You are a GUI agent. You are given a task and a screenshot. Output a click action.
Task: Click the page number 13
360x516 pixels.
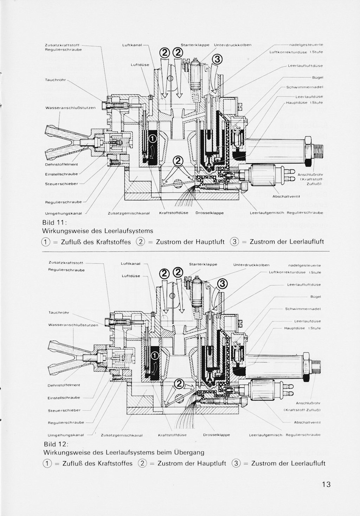click(x=326, y=484)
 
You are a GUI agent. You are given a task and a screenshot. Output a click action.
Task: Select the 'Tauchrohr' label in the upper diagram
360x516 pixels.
click(x=56, y=80)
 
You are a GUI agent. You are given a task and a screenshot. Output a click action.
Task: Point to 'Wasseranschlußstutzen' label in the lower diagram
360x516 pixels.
click(x=73, y=325)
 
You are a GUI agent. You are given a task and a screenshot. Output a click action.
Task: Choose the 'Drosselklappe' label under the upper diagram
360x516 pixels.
click(x=209, y=213)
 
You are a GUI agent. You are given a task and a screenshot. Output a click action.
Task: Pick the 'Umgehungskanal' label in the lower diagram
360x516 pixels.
click(x=66, y=435)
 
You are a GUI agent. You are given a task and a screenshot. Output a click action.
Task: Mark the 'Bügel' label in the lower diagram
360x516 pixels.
click(x=315, y=297)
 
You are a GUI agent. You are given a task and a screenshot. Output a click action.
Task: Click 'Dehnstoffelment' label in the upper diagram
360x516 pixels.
click(x=62, y=165)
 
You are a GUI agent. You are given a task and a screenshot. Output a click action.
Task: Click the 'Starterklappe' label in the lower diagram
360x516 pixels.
click(x=203, y=264)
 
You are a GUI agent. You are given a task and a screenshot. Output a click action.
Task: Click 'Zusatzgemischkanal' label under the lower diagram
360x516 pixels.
click(x=122, y=435)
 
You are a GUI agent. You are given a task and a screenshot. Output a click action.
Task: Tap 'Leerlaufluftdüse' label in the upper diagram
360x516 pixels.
click(x=305, y=66)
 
